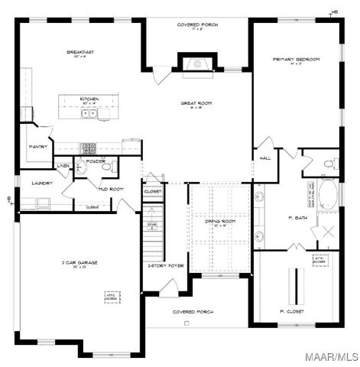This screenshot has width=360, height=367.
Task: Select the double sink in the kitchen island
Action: pos(89,114)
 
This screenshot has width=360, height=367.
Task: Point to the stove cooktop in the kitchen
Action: pos(89,148)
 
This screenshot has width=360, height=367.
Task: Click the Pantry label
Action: pos(38,147)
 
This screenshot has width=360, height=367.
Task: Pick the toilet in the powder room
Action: pos(107,167)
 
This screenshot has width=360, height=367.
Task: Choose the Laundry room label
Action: pos(41,183)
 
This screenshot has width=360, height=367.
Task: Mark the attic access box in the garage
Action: pos(112,296)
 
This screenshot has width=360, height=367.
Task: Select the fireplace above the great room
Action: pos(197,65)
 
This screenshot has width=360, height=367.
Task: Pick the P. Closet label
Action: pos(292,312)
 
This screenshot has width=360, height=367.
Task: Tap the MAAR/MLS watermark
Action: pos(332,356)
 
